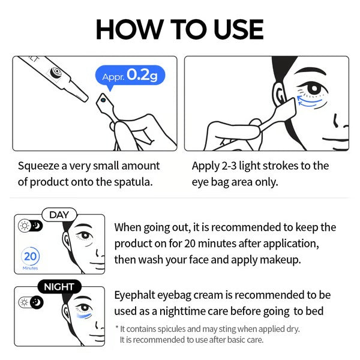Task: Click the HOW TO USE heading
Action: [179, 29]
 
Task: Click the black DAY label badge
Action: [59, 215]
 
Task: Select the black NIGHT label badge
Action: [59, 287]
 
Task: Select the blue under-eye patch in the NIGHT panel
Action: [85, 316]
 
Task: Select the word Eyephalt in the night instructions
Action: [136, 295]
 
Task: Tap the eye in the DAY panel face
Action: [83, 236]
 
